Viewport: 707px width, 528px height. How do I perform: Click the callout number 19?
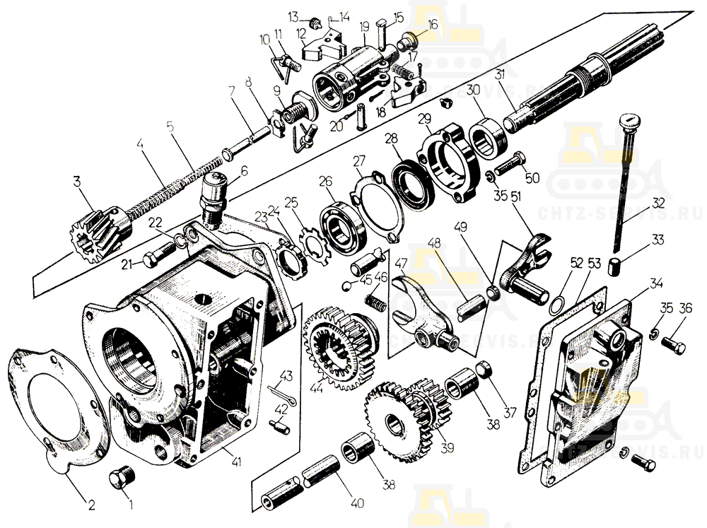tap(365, 27)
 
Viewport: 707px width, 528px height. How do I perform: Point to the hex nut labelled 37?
tap(484, 369)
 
